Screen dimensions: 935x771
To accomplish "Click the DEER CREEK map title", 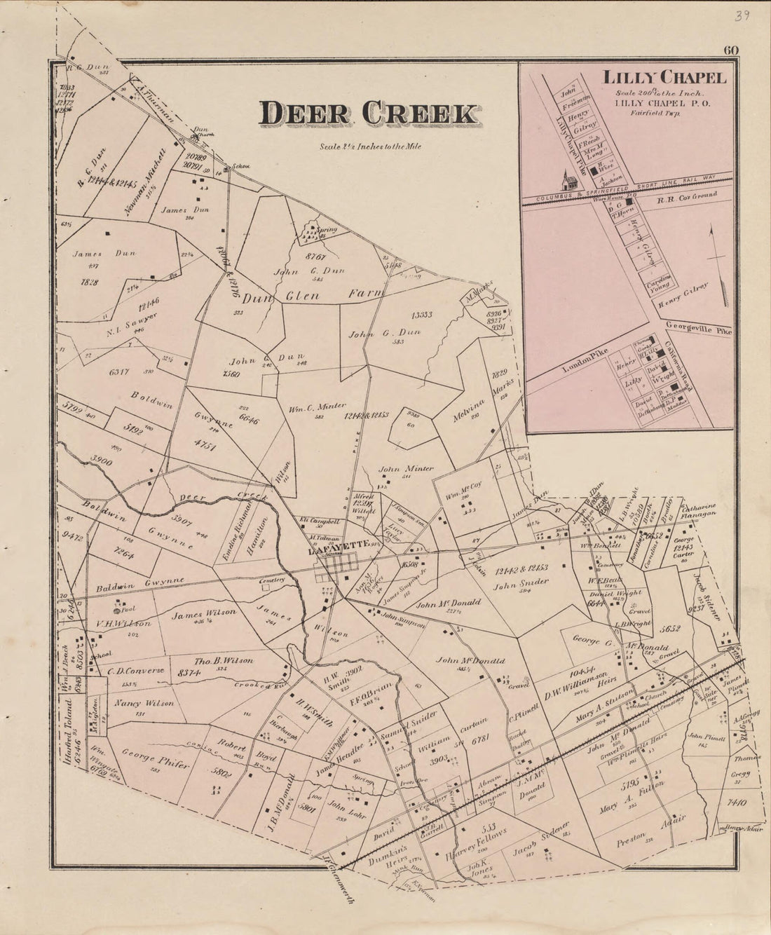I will coord(369,114).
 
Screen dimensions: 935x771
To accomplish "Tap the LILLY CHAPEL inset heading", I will coord(662,79).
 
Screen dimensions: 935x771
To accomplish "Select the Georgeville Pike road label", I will coord(699,327).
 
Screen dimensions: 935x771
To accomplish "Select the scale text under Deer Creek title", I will coord(369,146).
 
